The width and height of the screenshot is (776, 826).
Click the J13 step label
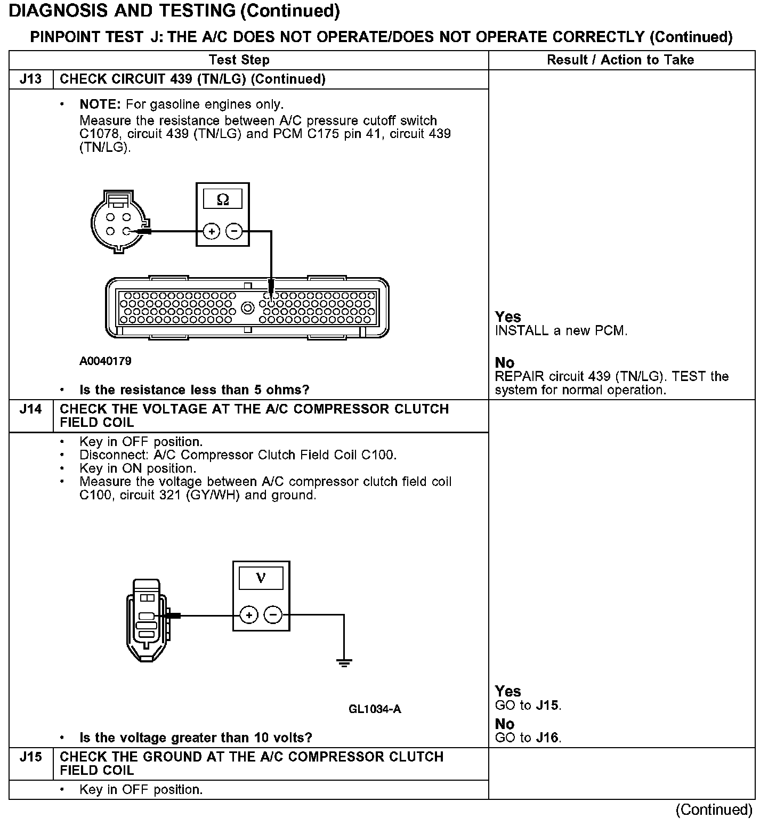coord(30,79)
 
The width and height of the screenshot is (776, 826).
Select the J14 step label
coord(30,409)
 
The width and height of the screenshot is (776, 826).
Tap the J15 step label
coord(30,757)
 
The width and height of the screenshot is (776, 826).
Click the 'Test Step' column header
coord(239,60)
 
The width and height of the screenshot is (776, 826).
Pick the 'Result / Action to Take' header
coord(620,60)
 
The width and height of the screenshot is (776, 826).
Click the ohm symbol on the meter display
coord(223,200)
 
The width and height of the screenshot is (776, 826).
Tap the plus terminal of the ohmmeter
coord(212,231)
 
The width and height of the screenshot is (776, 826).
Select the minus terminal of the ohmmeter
coord(234,231)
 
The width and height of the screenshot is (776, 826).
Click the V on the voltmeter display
coord(261,578)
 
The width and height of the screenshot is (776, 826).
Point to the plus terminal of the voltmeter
coord(249,615)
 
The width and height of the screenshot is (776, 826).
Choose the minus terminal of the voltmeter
coord(273,615)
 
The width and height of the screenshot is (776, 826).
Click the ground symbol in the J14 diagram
coord(344,663)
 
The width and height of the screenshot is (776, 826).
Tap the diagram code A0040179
coord(105,361)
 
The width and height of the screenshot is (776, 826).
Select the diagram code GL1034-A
coord(375,709)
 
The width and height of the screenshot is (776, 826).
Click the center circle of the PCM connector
coord(247,307)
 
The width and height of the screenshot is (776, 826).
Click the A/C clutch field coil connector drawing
coord(147,619)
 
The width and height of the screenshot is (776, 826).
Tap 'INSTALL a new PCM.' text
coord(561,331)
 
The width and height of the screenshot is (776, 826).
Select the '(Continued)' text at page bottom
coord(714,810)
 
